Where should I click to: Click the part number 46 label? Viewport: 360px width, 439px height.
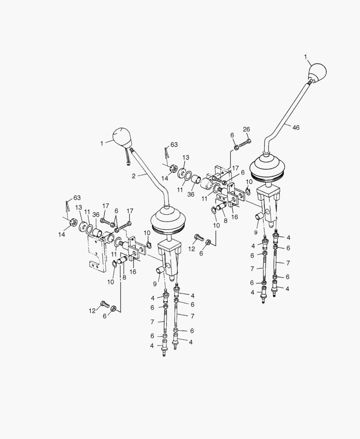296,128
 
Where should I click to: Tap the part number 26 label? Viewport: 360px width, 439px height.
247,129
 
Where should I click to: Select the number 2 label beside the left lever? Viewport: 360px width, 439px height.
134,176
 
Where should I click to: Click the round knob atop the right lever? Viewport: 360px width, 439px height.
317,73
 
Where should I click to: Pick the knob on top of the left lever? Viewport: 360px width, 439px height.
123,137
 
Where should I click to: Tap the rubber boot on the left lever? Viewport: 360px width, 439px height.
168,220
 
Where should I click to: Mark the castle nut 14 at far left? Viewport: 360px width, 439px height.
74,223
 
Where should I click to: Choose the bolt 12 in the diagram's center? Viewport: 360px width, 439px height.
199,237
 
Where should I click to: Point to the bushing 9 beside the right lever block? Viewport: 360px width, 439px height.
260,216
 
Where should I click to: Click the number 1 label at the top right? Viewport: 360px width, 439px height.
306,57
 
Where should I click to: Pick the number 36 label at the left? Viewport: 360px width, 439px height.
96,215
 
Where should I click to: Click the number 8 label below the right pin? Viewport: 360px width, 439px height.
225,220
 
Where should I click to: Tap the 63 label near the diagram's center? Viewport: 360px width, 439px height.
174,144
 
